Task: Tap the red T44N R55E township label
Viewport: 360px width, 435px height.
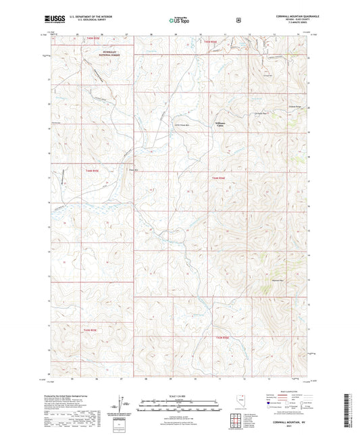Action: (93, 170)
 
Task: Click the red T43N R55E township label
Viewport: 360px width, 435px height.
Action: (91, 330)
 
